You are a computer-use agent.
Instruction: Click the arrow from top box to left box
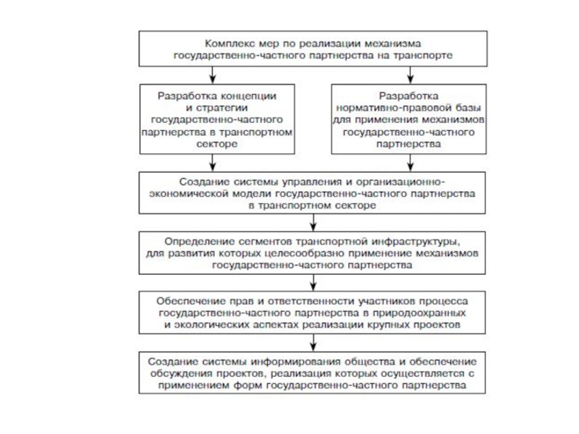212,74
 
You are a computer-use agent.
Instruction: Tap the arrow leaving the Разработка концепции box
212,163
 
